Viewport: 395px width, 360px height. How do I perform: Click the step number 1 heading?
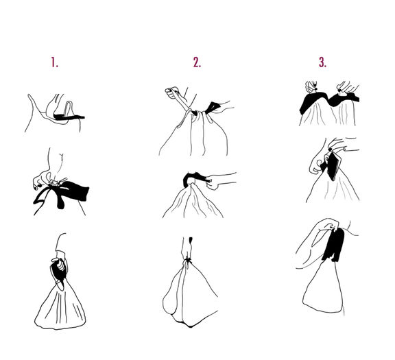coord(54,62)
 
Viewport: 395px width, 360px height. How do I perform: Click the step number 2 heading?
coord(197,62)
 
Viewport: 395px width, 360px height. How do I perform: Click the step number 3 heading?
coord(322,62)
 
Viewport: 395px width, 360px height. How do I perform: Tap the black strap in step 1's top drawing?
coord(69,117)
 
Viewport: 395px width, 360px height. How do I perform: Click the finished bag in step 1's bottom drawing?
coord(60,306)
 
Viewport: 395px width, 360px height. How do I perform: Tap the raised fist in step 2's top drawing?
coord(172,93)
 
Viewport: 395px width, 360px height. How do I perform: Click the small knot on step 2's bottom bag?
coord(187,259)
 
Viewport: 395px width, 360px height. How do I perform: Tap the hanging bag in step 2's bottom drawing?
coord(190,295)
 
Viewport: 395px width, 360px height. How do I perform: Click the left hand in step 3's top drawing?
coord(311,87)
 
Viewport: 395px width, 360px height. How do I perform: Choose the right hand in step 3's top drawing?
coord(347,87)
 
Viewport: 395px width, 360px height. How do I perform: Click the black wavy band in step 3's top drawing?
coord(328,101)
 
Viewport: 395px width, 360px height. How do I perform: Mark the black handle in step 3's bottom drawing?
coord(334,244)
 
